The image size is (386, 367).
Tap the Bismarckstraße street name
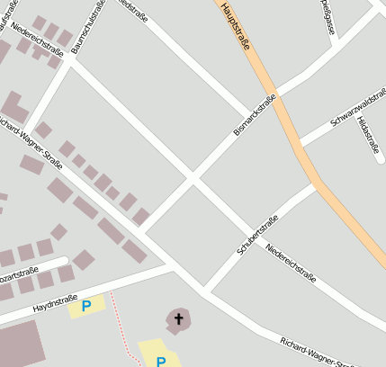click(x=254, y=117)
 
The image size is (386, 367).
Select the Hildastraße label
click(x=367, y=134)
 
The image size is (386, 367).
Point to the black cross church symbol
click(x=178, y=318)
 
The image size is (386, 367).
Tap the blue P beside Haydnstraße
click(x=86, y=306)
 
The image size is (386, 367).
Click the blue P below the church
click(x=160, y=362)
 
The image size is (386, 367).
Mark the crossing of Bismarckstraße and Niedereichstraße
click(x=193, y=179)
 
